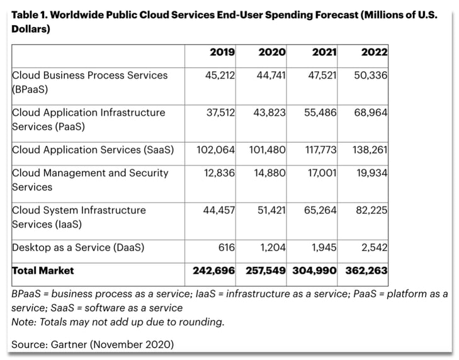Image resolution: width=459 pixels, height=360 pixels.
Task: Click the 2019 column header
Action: point(222,52)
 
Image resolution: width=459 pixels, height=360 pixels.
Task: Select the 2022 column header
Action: point(374,52)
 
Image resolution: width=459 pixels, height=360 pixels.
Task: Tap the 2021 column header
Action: point(324,52)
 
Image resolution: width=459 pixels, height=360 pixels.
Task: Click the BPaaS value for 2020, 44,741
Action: point(271,76)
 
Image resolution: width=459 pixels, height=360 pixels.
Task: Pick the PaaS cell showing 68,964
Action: point(371,113)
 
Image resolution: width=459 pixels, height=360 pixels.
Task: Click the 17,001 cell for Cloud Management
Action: point(322,173)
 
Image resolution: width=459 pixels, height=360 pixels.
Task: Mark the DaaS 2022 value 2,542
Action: point(374,248)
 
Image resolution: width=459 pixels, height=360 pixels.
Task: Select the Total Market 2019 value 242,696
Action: point(214,271)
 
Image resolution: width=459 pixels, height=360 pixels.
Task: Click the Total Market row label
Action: point(43,271)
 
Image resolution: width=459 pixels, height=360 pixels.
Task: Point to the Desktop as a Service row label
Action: point(77,248)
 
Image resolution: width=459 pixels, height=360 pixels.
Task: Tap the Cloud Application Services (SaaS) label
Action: point(93,150)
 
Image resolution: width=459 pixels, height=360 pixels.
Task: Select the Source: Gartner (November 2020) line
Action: point(93,344)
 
